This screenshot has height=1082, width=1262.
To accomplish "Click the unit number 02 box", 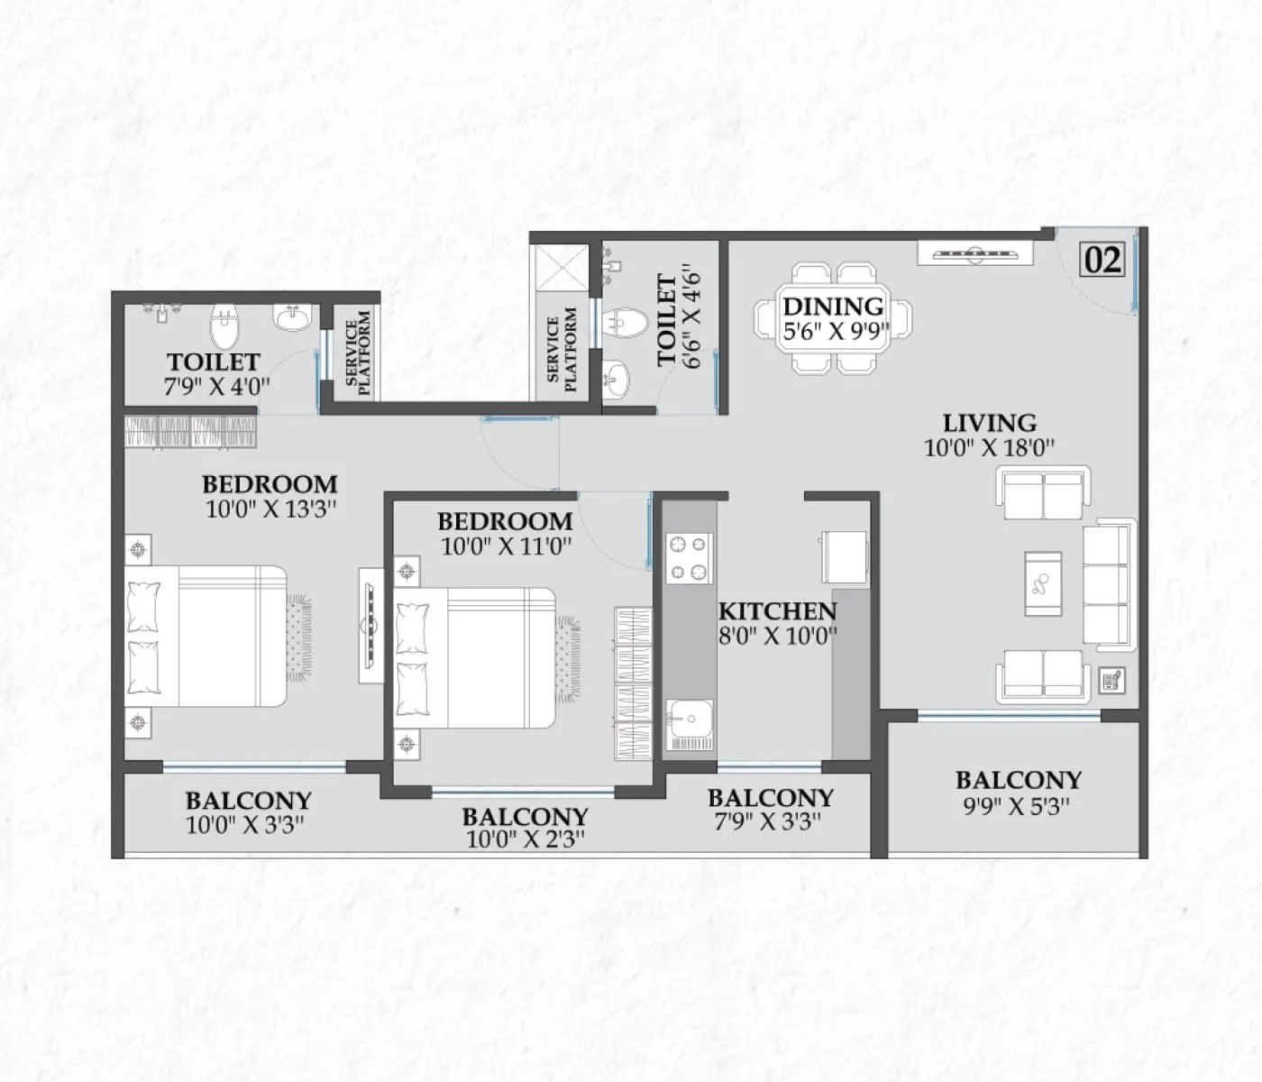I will (x=1102, y=260).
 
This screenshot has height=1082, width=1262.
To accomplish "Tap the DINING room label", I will (x=833, y=307).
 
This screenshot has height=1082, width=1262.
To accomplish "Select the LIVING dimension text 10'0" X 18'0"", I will (x=989, y=447).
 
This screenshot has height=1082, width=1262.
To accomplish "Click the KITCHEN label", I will (x=777, y=610).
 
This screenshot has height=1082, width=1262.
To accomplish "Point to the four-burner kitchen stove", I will (x=689, y=558).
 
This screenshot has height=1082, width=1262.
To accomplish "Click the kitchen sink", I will (x=690, y=726).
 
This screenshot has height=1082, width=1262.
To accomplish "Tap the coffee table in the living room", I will (x=1043, y=583).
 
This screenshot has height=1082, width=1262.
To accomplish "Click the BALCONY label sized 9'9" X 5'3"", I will (x=1018, y=780).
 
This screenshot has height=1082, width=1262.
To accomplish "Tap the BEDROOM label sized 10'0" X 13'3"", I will (x=270, y=484).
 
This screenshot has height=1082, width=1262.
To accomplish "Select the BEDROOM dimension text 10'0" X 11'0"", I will (x=506, y=546).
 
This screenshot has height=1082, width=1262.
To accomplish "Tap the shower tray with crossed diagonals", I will (x=561, y=268).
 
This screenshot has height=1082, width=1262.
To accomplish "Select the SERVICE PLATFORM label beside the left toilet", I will (x=358, y=353).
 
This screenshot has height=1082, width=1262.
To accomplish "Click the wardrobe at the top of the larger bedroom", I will (x=191, y=430).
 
